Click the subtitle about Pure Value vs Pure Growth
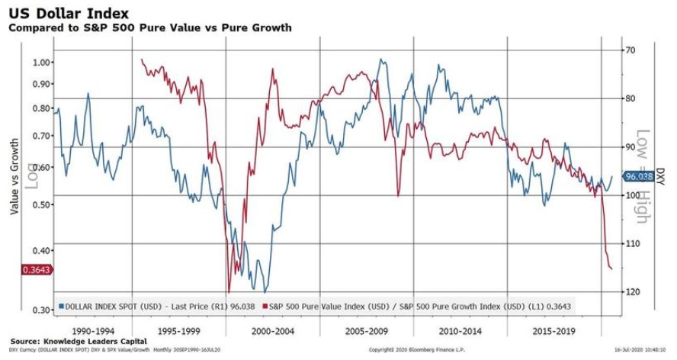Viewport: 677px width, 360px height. (149, 27)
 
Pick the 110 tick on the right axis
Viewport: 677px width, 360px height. (630, 243)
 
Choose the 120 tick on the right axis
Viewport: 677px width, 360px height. (630, 292)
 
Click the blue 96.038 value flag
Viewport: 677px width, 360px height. (640, 176)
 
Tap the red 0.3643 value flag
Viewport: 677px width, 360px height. (20, 269)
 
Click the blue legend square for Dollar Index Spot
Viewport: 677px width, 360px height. (61, 307)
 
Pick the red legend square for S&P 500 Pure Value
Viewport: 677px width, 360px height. (264, 307)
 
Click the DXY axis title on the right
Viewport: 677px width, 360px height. (661, 176)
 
